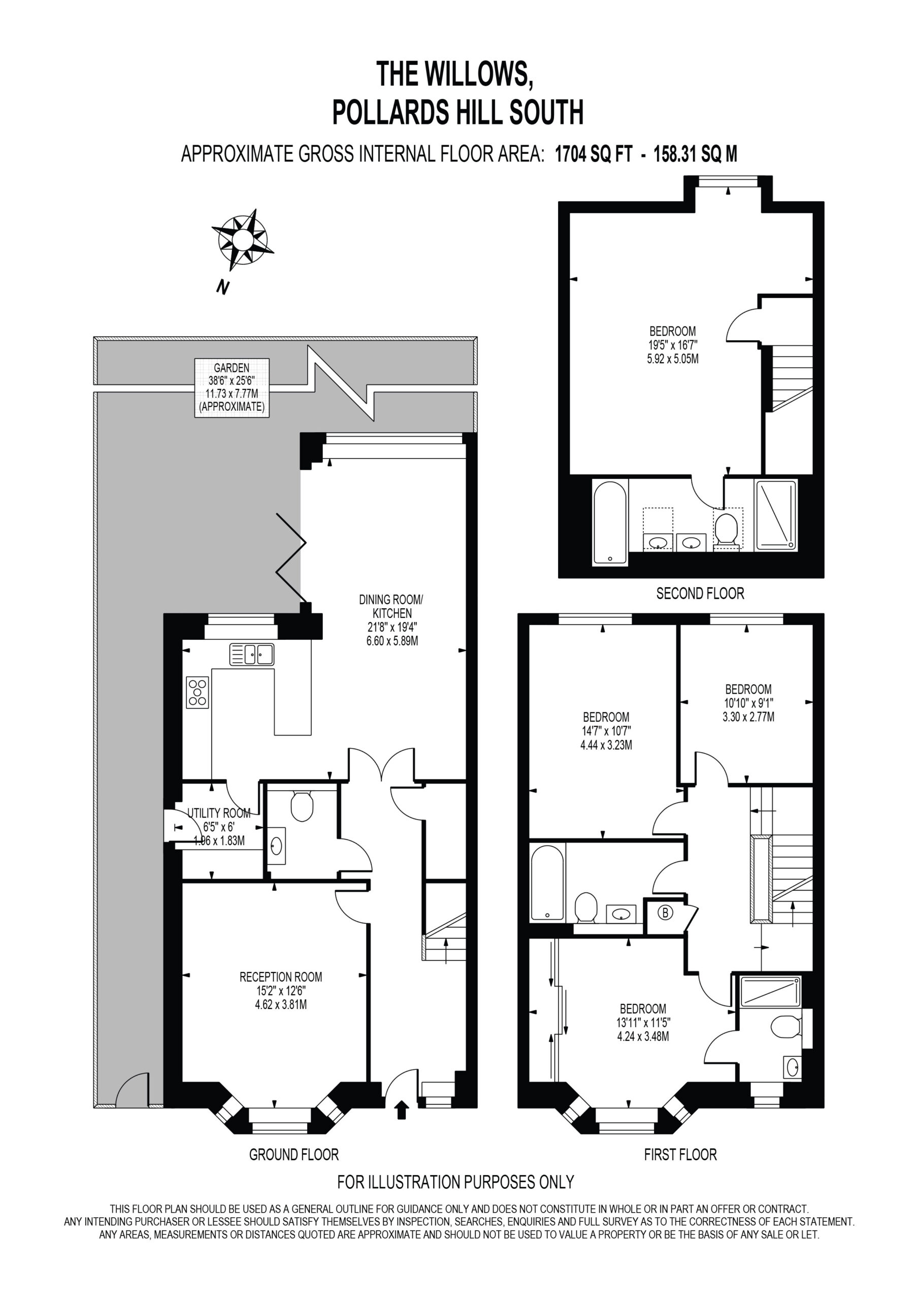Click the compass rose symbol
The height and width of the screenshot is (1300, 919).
243,240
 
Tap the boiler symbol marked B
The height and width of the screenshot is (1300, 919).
666,913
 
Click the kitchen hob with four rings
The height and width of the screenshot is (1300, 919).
197,693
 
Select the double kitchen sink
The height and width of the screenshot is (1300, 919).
252,655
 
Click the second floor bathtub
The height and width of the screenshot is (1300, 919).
610,522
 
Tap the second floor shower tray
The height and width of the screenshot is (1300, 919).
775,515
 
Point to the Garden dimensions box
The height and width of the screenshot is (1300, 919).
232,388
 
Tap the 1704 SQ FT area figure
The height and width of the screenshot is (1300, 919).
593,154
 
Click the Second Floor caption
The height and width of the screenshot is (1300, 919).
700,594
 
